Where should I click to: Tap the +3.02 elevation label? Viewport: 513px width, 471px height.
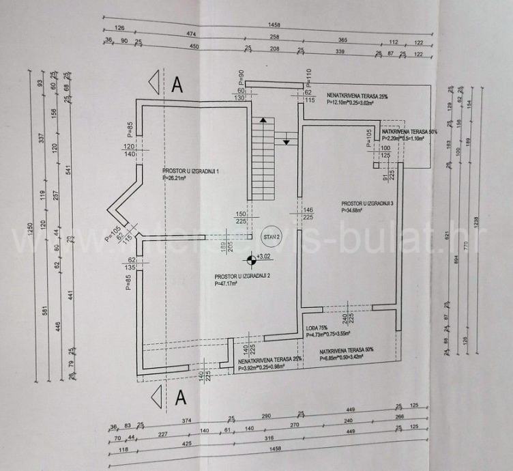(x=263, y=257)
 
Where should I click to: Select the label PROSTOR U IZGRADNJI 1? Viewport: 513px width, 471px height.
(x=191, y=171)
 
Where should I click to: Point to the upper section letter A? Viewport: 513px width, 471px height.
(x=177, y=85)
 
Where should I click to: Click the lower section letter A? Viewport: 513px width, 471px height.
(x=180, y=397)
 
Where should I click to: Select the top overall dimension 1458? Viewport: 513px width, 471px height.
(x=274, y=25)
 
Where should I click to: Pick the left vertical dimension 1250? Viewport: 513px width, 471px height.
(x=30, y=231)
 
